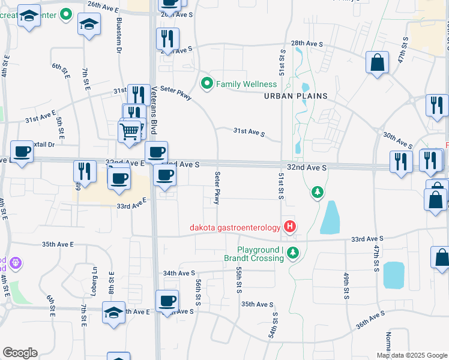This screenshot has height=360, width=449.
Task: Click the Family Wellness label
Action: (243, 84)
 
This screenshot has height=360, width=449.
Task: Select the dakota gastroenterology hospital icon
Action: (290, 227)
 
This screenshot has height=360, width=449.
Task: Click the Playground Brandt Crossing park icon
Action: (293, 253)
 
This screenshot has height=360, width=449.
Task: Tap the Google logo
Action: (20, 353)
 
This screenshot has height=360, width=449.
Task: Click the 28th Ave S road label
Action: (307, 44)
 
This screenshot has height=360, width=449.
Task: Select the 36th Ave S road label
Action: (370, 320)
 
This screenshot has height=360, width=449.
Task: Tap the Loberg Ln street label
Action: (94, 279)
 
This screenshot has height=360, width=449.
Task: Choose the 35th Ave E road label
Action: (58, 245)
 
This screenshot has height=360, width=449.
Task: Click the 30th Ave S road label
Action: (397, 140)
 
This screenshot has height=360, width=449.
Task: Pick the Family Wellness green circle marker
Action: (207, 83)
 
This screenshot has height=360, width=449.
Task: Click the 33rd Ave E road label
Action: (131, 206)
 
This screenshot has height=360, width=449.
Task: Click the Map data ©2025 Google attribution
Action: (412, 355)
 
